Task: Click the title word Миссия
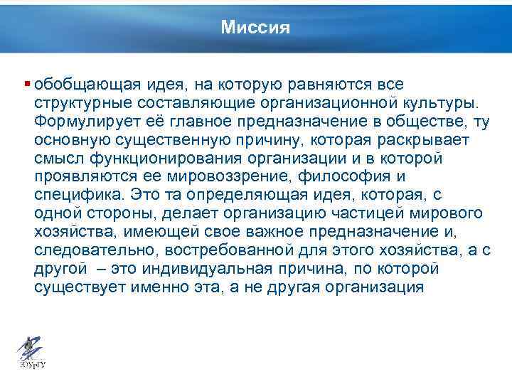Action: [x=255, y=27]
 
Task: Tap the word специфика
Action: [x=74, y=196]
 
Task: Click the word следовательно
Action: [x=84, y=251]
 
